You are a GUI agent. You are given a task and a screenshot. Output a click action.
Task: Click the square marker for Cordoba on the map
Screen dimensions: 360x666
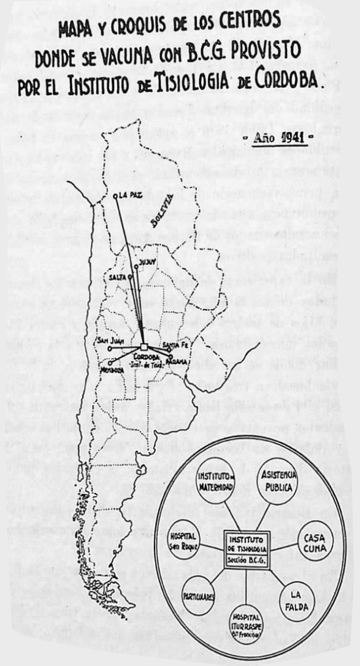pyautogui.click(x=144, y=348)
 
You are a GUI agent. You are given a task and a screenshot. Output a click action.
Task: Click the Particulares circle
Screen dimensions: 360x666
pyautogui.click(x=199, y=595)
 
